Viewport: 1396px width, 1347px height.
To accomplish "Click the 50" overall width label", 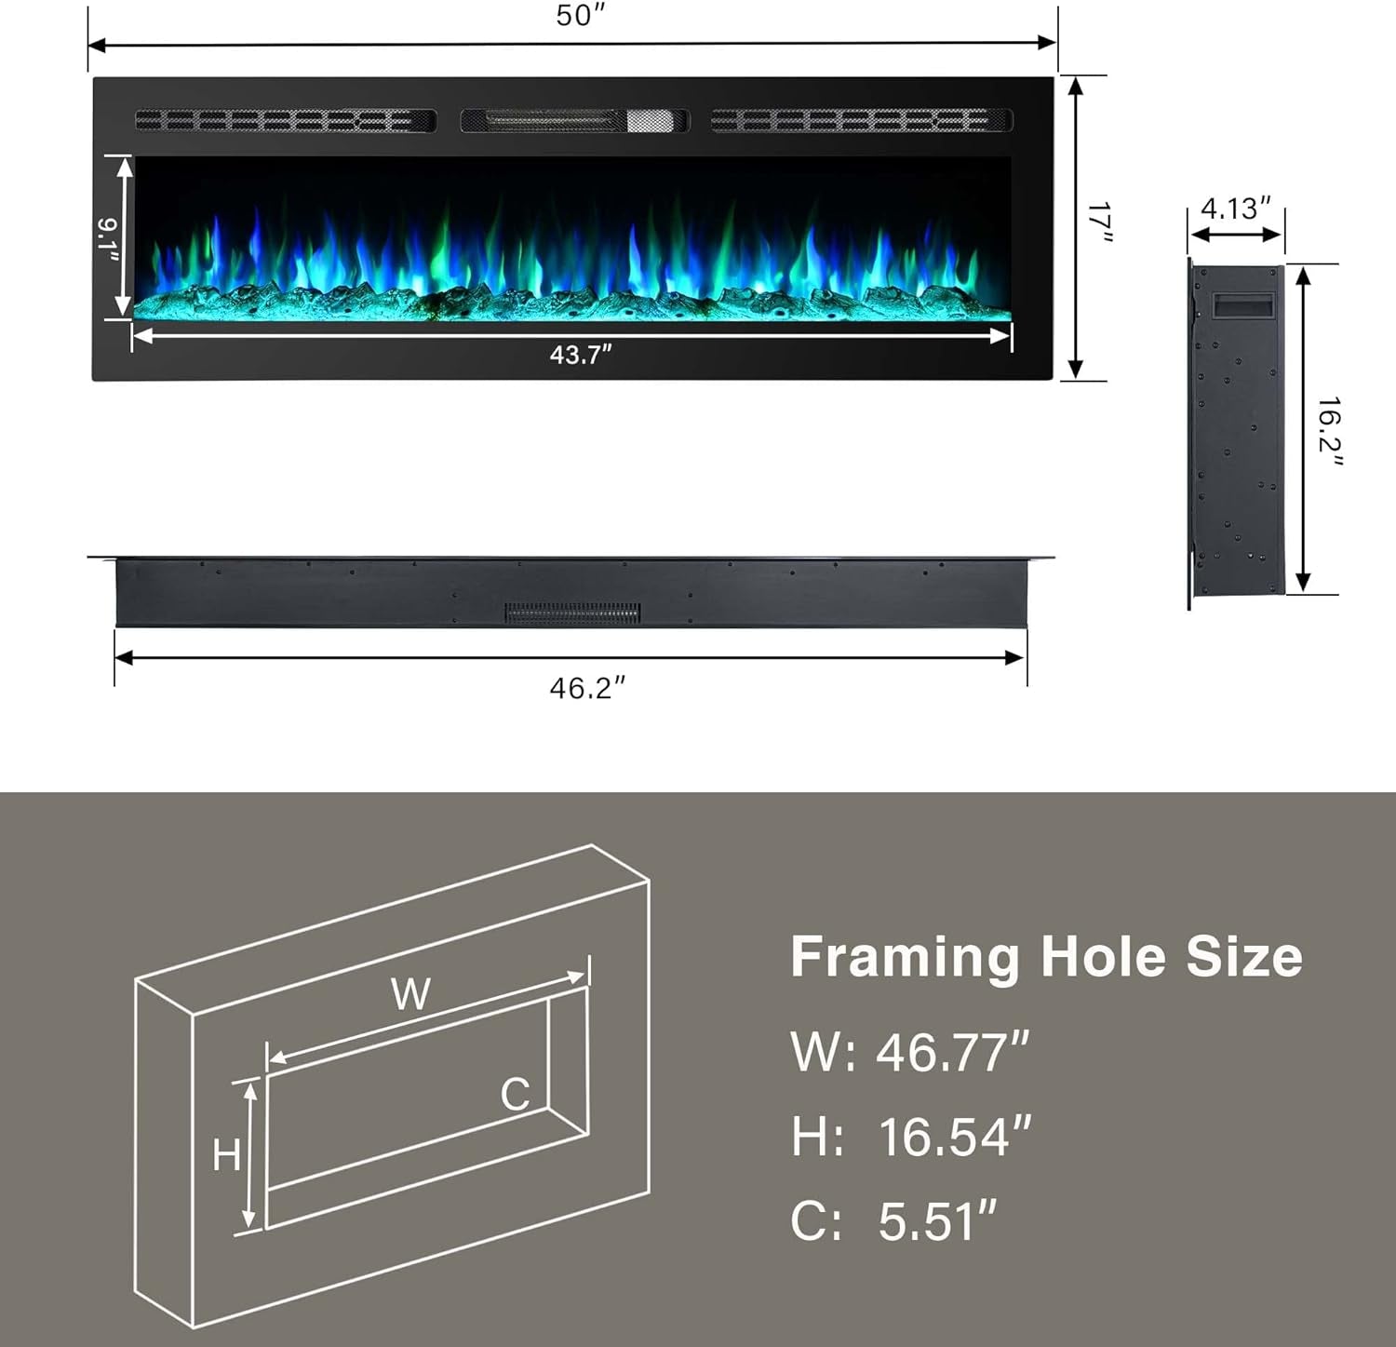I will [580, 16].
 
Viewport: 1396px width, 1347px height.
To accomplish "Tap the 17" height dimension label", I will [1101, 223].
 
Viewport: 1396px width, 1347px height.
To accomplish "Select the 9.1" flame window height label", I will [107, 240].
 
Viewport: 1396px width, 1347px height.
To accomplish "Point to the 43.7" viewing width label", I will [581, 355].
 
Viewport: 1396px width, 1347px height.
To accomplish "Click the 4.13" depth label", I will [1235, 208].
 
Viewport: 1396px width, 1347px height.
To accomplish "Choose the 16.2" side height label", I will [1329, 430].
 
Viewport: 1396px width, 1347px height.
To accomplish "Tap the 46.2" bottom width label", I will [587, 688].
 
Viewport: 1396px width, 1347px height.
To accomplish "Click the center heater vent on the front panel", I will [574, 120].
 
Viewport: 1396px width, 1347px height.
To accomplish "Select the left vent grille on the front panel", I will [286, 120].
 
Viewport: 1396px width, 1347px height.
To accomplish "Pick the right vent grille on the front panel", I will [862, 120].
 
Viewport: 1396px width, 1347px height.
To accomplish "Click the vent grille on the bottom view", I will [572, 613].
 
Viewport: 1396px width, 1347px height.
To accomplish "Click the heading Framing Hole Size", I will [1046, 957].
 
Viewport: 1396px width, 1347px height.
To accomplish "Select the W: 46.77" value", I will [910, 1052].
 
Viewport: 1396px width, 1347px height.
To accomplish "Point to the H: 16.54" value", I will [911, 1137].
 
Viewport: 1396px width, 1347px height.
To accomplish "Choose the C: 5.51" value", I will [893, 1221].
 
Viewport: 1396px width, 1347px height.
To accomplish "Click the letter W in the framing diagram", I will [410, 994].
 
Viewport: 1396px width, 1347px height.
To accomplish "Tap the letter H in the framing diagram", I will [226, 1155].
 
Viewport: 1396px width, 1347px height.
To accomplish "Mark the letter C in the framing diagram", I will [515, 1094].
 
